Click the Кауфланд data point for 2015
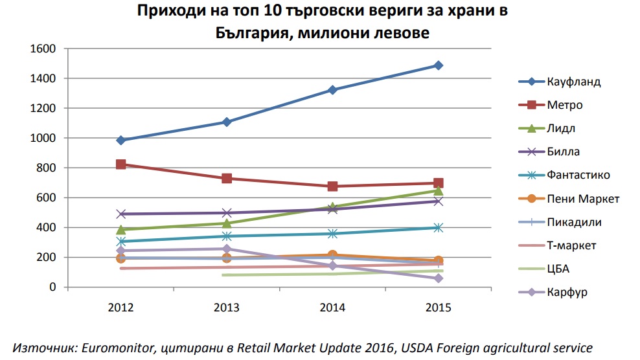click(x=439, y=65)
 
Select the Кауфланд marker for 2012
click(x=121, y=140)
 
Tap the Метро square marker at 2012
click(x=121, y=164)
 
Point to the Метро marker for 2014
click(x=332, y=186)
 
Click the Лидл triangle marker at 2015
click(x=439, y=190)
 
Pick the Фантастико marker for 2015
click(x=439, y=227)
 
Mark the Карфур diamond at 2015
click(x=439, y=278)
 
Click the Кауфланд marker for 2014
click(x=332, y=90)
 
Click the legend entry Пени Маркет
click(x=583, y=199)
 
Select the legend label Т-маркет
click(x=571, y=245)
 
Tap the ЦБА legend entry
click(x=558, y=269)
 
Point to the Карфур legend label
click(x=567, y=292)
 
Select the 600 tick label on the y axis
click(x=46, y=198)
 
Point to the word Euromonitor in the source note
click(x=117, y=347)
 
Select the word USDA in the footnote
click(x=415, y=347)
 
